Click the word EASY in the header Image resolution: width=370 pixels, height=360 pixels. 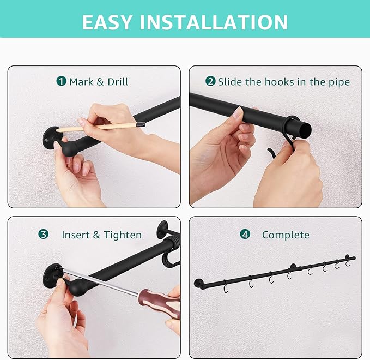107,22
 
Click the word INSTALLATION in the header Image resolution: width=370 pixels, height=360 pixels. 214,22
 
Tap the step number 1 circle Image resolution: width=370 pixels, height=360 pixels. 62,81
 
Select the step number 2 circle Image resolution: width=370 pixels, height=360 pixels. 210,81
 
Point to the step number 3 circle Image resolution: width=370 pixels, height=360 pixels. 44,234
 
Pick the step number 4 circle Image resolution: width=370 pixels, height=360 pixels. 245,234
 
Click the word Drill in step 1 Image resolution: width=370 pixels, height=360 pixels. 118,82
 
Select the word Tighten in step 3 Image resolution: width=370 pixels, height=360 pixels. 123,235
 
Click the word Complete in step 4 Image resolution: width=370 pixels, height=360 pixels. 286,235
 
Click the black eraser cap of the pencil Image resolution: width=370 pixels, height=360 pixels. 141,124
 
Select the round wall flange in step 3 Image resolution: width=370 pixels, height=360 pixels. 51,275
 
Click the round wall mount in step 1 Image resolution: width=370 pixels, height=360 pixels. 51,137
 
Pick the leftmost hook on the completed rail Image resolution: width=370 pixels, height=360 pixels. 226,287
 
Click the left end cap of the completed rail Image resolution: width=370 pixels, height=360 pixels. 198,283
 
